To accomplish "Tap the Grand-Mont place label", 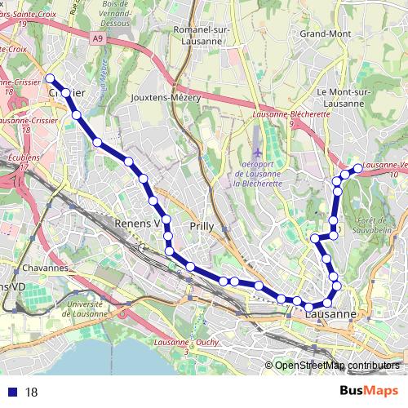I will click(x=325, y=34).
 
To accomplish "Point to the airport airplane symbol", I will click(x=258, y=153).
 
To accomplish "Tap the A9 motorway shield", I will click(x=98, y=38).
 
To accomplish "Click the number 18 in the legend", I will click(x=33, y=392).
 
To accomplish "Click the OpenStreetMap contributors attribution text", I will click(x=335, y=366).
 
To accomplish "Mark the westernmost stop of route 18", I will click(x=50, y=78).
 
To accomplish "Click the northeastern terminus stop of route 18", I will click(x=357, y=168).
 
